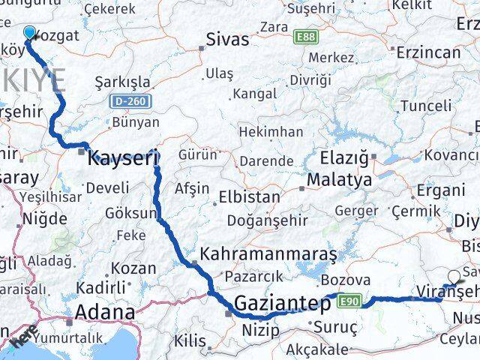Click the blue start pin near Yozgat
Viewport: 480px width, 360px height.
point(30,34)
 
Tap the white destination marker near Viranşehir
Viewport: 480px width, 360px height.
point(455,276)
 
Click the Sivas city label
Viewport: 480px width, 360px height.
point(227,39)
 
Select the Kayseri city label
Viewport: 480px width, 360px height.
point(123,158)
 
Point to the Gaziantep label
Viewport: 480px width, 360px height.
point(283,304)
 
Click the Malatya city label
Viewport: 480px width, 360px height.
point(339,180)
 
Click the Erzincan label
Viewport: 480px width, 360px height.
point(428,52)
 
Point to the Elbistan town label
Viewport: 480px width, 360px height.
point(250,198)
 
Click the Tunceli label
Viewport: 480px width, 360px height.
point(427,106)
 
